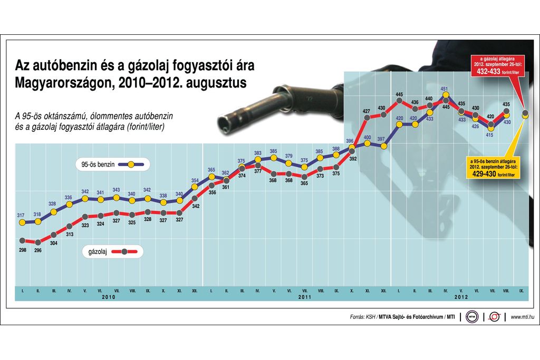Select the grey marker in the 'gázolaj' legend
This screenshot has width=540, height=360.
[124, 252]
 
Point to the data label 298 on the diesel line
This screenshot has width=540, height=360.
[23, 249]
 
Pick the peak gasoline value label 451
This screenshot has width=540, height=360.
[445, 89]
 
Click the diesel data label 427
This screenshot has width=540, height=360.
[367, 111]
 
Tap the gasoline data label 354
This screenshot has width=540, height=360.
[195, 181]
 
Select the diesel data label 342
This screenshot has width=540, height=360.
[196, 207]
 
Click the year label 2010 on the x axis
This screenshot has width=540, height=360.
[108, 297]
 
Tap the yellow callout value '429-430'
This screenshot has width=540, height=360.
[488, 172]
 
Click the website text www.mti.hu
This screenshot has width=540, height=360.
[523, 317]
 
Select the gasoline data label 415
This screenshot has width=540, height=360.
[490, 135]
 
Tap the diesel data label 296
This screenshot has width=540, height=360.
[38, 251]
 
